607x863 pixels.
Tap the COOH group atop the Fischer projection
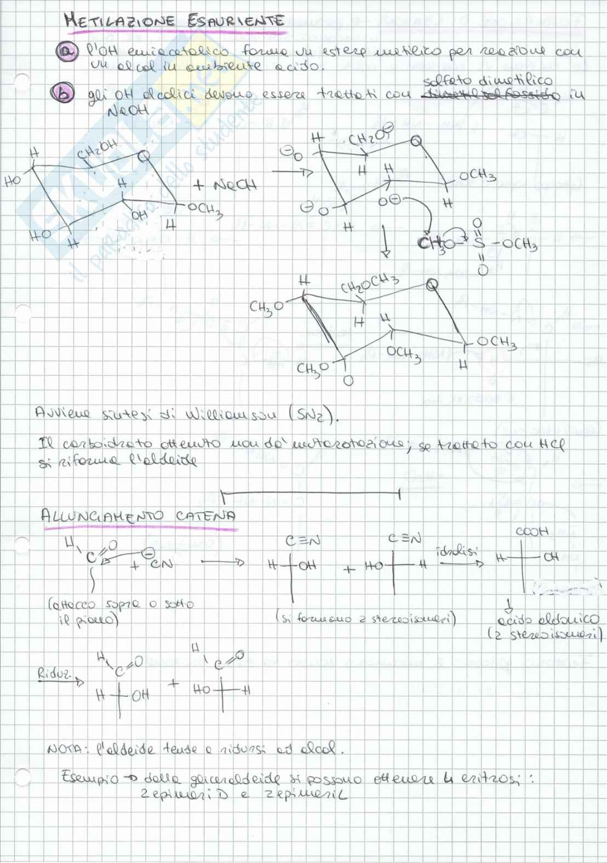point(531,531)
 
